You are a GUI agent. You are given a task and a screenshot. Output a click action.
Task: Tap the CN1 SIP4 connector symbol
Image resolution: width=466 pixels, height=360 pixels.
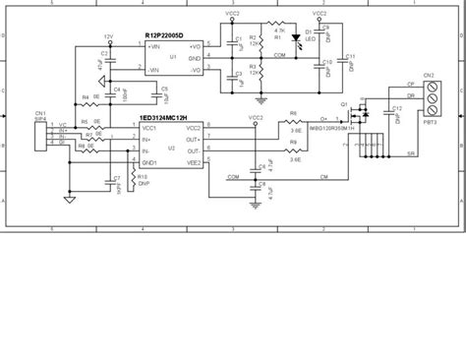pyautogui.click(x=39, y=132)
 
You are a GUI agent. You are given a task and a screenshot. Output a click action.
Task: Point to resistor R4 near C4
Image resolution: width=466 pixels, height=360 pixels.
pyautogui.click(x=94, y=97)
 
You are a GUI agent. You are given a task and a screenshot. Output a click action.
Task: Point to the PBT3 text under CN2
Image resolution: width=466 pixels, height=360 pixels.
pyautogui.click(x=430, y=122)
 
